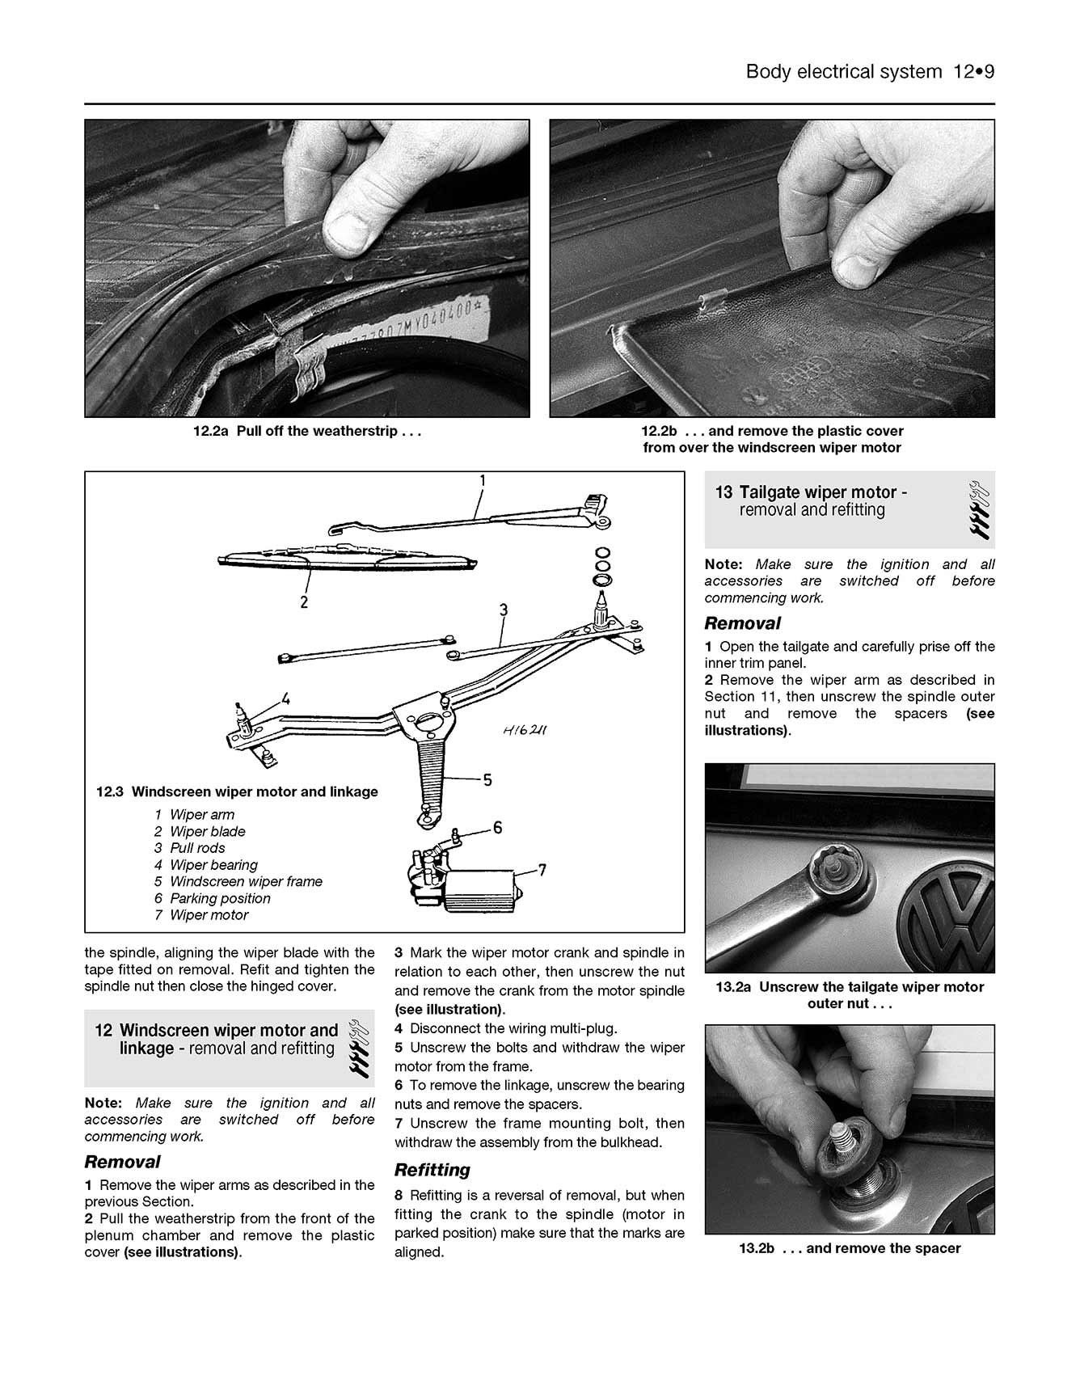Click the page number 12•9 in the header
(972, 72)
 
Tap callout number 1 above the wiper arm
(483, 481)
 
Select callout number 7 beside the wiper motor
(542, 870)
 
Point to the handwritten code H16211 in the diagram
(525, 731)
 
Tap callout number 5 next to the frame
(487, 780)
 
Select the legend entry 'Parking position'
(220, 898)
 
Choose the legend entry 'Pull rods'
(197, 848)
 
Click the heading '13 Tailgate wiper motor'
(811, 492)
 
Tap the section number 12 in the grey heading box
(103, 1030)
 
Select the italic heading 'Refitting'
(432, 1170)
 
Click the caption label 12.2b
(659, 431)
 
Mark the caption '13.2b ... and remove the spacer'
(849, 1248)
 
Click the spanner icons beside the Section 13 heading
(979, 514)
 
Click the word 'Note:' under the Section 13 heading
(723, 564)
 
